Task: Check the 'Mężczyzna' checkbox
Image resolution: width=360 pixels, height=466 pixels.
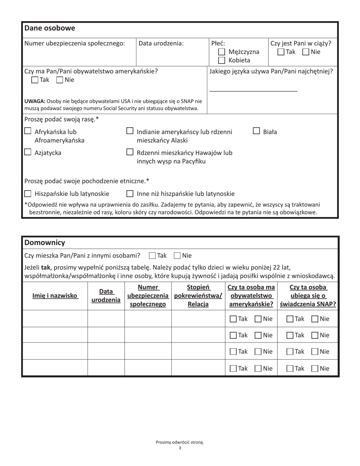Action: pyautogui.click(x=222, y=52)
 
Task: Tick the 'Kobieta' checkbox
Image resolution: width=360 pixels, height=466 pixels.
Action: pyautogui.click(x=222, y=60)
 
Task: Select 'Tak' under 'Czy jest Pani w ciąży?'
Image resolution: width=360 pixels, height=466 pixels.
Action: pyautogui.click(x=281, y=52)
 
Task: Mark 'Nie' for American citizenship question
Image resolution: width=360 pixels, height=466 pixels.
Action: pyautogui.click(x=59, y=80)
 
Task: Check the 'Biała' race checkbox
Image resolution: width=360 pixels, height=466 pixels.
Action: pyautogui.click(x=257, y=131)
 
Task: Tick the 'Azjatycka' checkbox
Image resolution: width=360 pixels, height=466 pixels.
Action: pyautogui.click(x=28, y=152)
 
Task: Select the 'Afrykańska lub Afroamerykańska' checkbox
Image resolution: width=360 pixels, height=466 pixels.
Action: pyautogui.click(x=28, y=131)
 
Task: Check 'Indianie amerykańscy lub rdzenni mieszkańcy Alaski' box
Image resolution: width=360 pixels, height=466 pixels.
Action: pyautogui.click(x=130, y=131)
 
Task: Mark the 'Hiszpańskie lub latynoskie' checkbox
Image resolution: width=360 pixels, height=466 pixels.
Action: pyautogui.click(x=28, y=194)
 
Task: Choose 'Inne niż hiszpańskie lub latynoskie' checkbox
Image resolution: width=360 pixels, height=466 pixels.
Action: pyautogui.click(x=130, y=194)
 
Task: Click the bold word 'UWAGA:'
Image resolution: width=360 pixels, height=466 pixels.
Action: pyautogui.click(x=35, y=101)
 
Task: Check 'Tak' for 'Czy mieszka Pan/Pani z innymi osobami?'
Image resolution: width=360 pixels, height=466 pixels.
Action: pyautogui.click(x=152, y=256)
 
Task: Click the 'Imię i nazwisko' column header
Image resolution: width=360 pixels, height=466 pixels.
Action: pyautogui.click(x=55, y=296)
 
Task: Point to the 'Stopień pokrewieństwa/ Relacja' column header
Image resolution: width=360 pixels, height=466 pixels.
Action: pyautogui.click(x=198, y=296)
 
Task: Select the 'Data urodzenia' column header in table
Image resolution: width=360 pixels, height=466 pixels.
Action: pyautogui.click(x=106, y=296)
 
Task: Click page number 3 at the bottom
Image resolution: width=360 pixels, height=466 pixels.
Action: pyautogui.click(x=180, y=448)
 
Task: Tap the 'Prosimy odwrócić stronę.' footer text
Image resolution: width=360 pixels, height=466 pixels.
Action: pyautogui.click(x=180, y=442)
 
